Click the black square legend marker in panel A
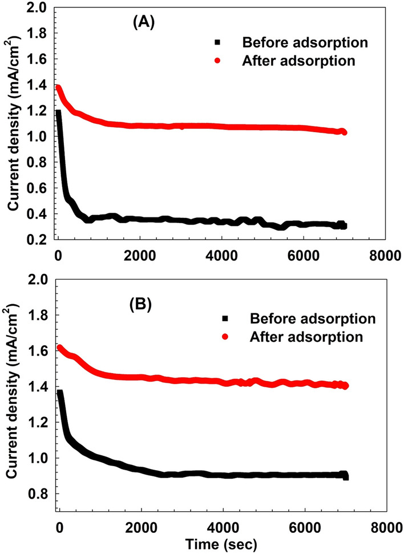[x=217, y=42]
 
